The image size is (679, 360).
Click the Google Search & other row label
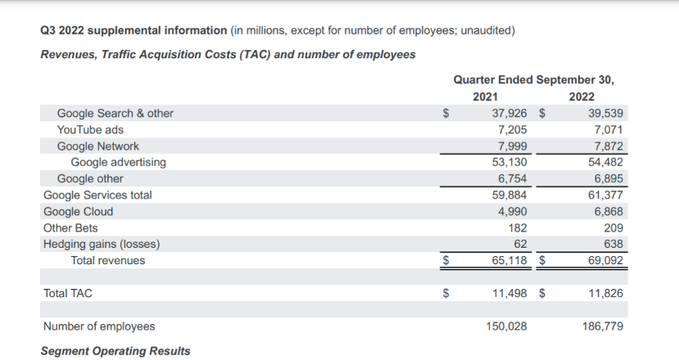click(115, 114)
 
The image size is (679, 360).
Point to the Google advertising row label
click(118, 162)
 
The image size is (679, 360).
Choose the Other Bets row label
click(70, 227)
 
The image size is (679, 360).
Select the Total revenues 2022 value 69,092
click(606, 260)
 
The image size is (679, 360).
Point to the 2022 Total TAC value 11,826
click(606, 292)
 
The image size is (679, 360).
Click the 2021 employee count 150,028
click(504, 326)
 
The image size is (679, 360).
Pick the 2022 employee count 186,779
click(603, 326)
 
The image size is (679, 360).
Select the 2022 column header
click(582, 97)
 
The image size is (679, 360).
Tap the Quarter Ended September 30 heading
click(533, 79)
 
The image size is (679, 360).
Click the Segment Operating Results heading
click(115, 351)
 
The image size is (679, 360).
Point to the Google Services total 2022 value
click(606, 195)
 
